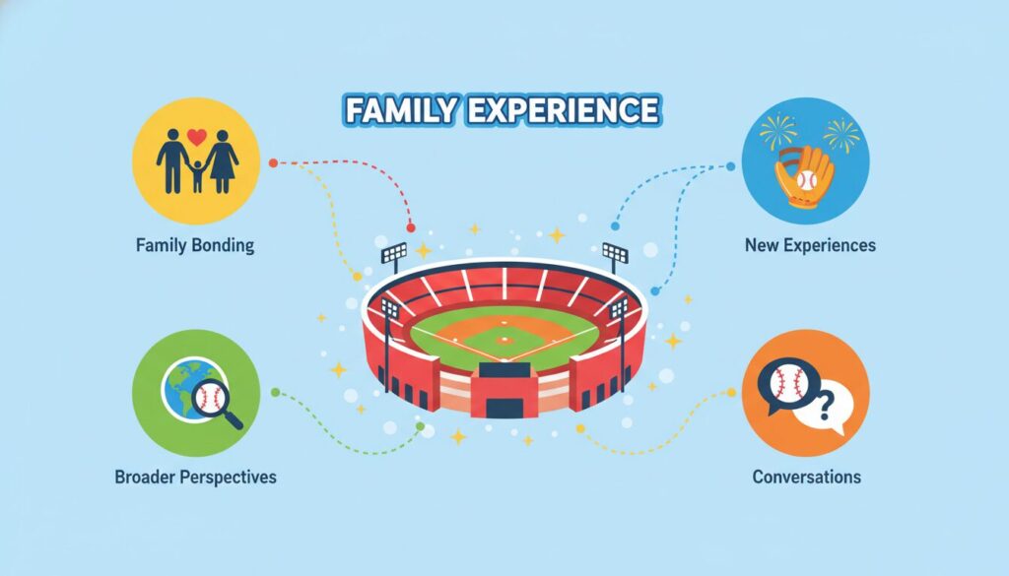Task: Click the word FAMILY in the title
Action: (x=400, y=110)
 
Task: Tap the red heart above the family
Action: (x=197, y=137)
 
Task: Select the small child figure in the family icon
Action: (x=197, y=176)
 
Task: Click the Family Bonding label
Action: (x=195, y=245)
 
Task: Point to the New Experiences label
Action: (x=810, y=245)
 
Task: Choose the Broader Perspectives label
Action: (x=196, y=478)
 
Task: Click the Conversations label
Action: (x=806, y=477)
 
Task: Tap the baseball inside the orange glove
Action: (x=806, y=180)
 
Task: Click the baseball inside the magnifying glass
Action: (x=211, y=399)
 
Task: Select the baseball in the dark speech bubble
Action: (x=789, y=383)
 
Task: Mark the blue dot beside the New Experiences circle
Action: (x=730, y=166)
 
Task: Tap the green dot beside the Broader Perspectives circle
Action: (x=276, y=392)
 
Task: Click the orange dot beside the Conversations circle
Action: (x=731, y=392)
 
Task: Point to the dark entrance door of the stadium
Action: (x=504, y=409)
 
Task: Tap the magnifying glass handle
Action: (x=233, y=419)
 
